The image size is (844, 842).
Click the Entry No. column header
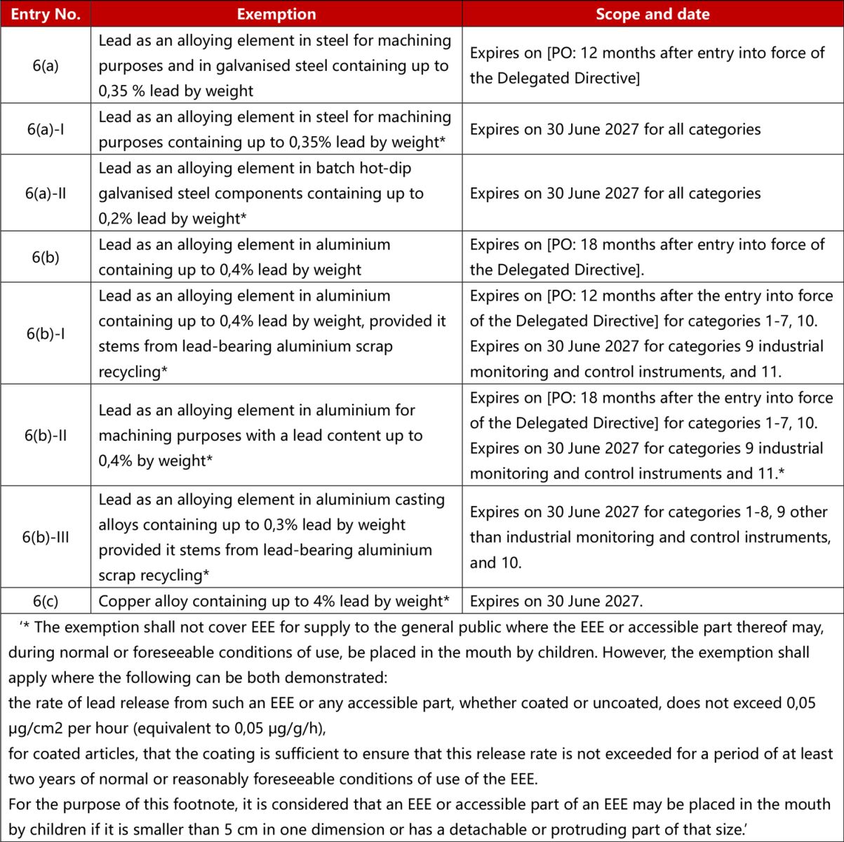coord(46,14)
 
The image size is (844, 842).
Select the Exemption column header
coord(276,14)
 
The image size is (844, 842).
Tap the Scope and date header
coord(652,14)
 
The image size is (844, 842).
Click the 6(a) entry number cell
coord(46,66)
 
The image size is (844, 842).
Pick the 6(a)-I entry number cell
coord(46,129)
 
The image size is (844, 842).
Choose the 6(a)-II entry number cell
coord(46,193)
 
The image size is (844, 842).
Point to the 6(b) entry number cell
coord(46,257)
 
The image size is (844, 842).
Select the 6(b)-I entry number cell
coord(46,333)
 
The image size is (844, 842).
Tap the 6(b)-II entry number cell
coord(46,435)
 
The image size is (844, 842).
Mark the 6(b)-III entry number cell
coord(46,537)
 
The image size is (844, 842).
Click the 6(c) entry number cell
coord(46,601)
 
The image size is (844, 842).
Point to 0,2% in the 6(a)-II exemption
coord(116,219)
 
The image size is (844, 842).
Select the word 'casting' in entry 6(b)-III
coord(417,500)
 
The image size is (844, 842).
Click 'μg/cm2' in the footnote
coord(35,728)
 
